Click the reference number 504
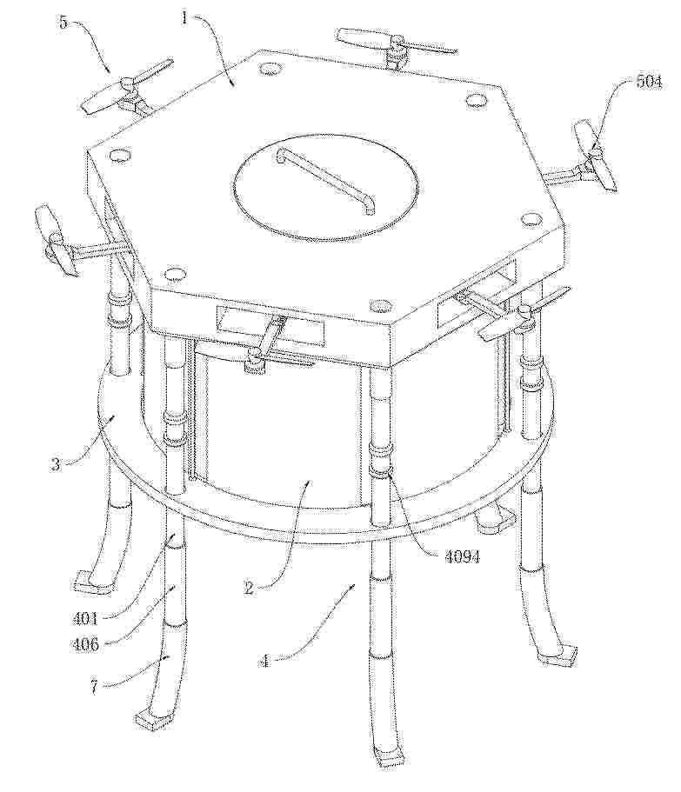pos(649,82)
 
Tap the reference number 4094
pos(462,556)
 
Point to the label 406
pos(85,643)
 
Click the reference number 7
pos(95,687)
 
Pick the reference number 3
pos(56,464)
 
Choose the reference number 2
pos(249,588)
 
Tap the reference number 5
pos(63,23)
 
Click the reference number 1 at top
pos(185,18)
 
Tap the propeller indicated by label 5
pos(126,86)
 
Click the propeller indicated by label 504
pos(594,154)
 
